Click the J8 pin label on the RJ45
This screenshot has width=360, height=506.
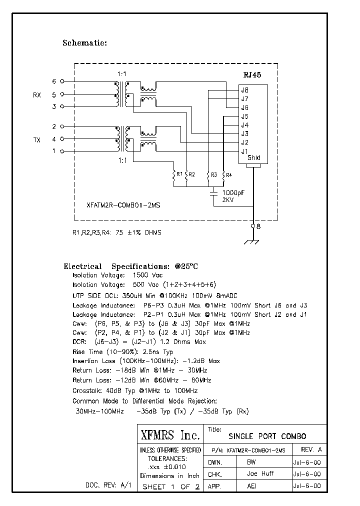[x=244, y=90]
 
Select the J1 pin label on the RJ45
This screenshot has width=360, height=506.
[x=244, y=151]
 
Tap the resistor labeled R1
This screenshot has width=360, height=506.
[x=174, y=175]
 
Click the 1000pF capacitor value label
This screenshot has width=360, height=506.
[x=233, y=192]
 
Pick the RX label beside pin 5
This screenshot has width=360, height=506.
[x=36, y=94]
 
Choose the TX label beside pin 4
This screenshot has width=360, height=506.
[x=36, y=139]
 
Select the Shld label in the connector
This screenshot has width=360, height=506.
[x=254, y=158]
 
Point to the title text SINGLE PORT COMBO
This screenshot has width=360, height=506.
[x=267, y=436]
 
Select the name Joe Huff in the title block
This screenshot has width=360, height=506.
[x=260, y=474]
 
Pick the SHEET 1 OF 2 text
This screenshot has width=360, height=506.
[x=170, y=486]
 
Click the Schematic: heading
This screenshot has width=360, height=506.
[x=84, y=42]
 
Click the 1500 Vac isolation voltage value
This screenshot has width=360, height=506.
[x=147, y=275]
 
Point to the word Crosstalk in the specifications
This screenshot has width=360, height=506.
[x=87, y=390]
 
